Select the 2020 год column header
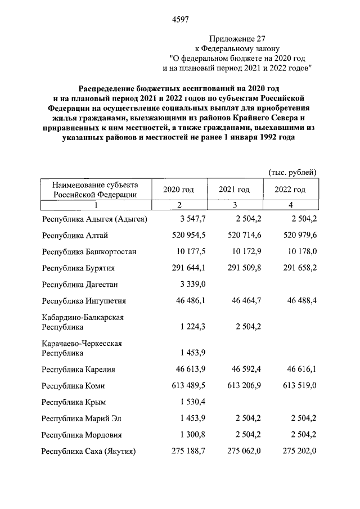[x=178, y=190]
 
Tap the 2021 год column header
[x=234, y=190]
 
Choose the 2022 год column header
[x=290, y=190]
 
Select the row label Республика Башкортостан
[x=89, y=251]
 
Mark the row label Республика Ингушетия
[x=84, y=300]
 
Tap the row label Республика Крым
[x=75, y=402]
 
